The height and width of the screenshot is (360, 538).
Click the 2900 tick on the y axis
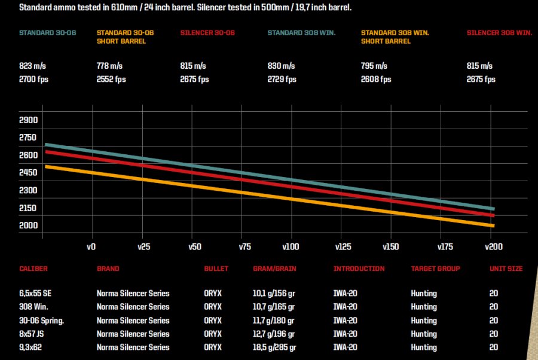[x=29, y=120]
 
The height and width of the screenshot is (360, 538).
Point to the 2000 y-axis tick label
[x=29, y=225]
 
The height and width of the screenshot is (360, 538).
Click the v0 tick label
[x=91, y=246]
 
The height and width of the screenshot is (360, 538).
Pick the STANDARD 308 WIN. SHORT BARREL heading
[x=395, y=37]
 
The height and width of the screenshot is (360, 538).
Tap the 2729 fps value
[x=283, y=80]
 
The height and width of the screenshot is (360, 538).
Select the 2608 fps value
[x=376, y=80]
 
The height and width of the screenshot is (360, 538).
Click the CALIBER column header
[x=33, y=269]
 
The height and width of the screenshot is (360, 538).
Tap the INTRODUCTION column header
[x=359, y=269]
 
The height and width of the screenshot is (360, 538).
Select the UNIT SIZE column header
[x=506, y=269]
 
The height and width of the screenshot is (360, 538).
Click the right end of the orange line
[x=493, y=225]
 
